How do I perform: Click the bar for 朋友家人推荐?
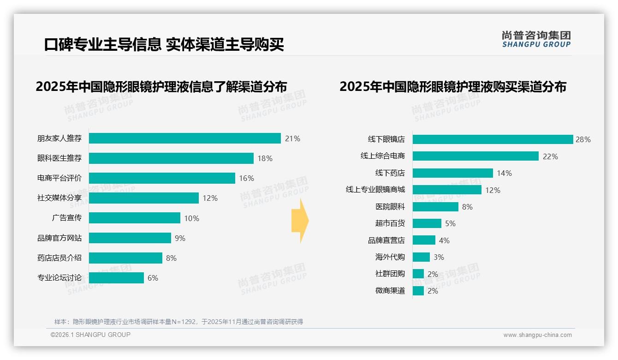(x=184, y=138)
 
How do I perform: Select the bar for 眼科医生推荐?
(x=171, y=158)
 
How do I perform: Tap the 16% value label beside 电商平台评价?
(x=246, y=178)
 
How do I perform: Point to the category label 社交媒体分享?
(x=59, y=198)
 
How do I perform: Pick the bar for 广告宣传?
(x=134, y=218)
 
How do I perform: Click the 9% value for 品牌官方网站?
(x=180, y=238)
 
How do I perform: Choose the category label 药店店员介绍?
(x=59, y=258)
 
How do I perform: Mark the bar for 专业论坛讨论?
(x=116, y=278)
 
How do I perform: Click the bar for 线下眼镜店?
(x=493, y=139)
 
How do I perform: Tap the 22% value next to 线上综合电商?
(x=550, y=156)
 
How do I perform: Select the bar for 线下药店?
(x=452, y=173)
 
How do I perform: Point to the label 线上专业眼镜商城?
(x=375, y=190)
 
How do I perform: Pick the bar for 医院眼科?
(x=435, y=207)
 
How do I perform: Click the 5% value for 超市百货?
(x=450, y=223)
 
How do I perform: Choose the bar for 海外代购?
(x=421, y=257)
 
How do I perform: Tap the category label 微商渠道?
(x=390, y=291)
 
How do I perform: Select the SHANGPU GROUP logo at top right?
(x=536, y=39)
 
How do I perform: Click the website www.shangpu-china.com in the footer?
(x=537, y=335)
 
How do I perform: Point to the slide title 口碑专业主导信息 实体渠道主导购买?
(x=164, y=44)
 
